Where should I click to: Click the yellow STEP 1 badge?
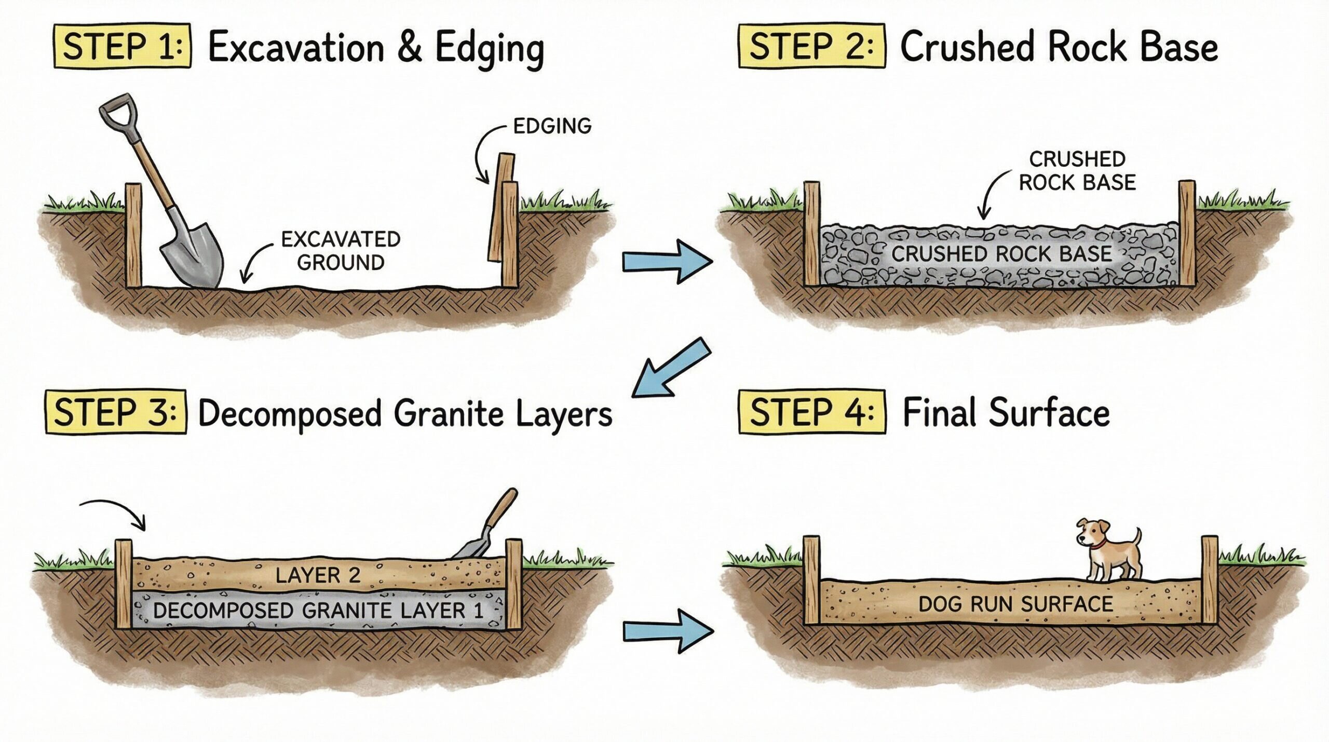click(x=123, y=47)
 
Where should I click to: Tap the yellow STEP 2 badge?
click(x=811, y=47)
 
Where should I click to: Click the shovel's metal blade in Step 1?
click(x=193, y=254)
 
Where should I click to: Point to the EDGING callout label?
click(x=552, y=126)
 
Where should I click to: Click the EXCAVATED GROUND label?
click(x=341, y=251)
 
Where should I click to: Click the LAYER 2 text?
click(x=318, y=575)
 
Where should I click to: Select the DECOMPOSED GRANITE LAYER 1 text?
click(x=318, y=611)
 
